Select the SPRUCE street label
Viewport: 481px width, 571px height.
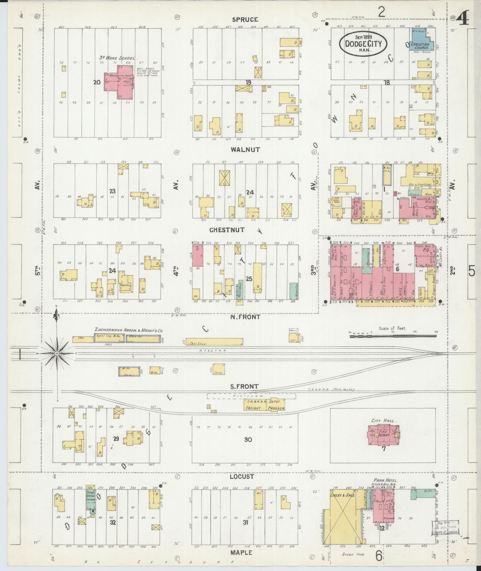pos(245,20)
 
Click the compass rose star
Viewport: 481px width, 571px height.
pos(56,353)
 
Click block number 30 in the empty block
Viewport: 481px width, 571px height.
pos(248,439)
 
